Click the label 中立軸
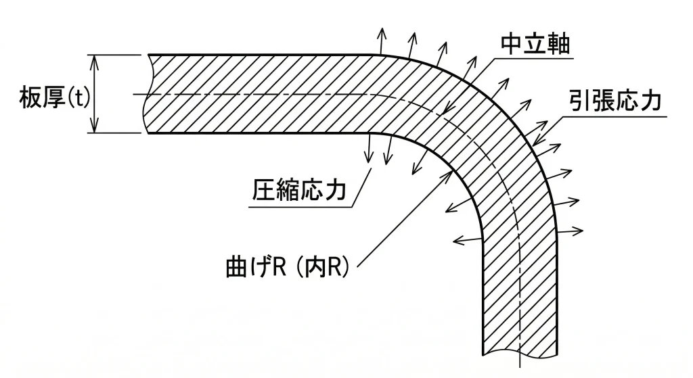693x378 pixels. tap(535, 45)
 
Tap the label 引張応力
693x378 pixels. tap(614, 102)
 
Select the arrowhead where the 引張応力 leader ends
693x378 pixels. tap(535, 143)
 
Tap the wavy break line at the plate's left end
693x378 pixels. tap(150, 93)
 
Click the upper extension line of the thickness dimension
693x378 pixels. tap(118, 54)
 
